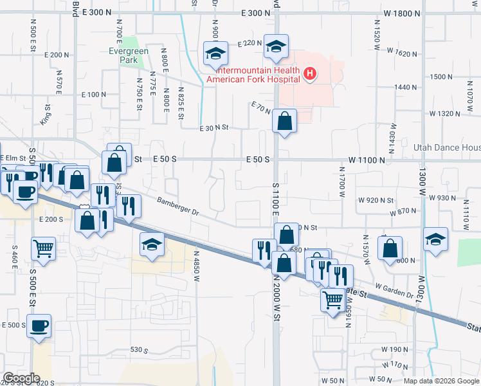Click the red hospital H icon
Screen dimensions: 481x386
click(310, 74)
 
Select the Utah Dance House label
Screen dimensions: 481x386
click(448, 147)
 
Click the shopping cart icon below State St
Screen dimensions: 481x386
click(332, 299)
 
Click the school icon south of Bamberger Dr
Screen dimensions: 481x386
click(151, 244)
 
